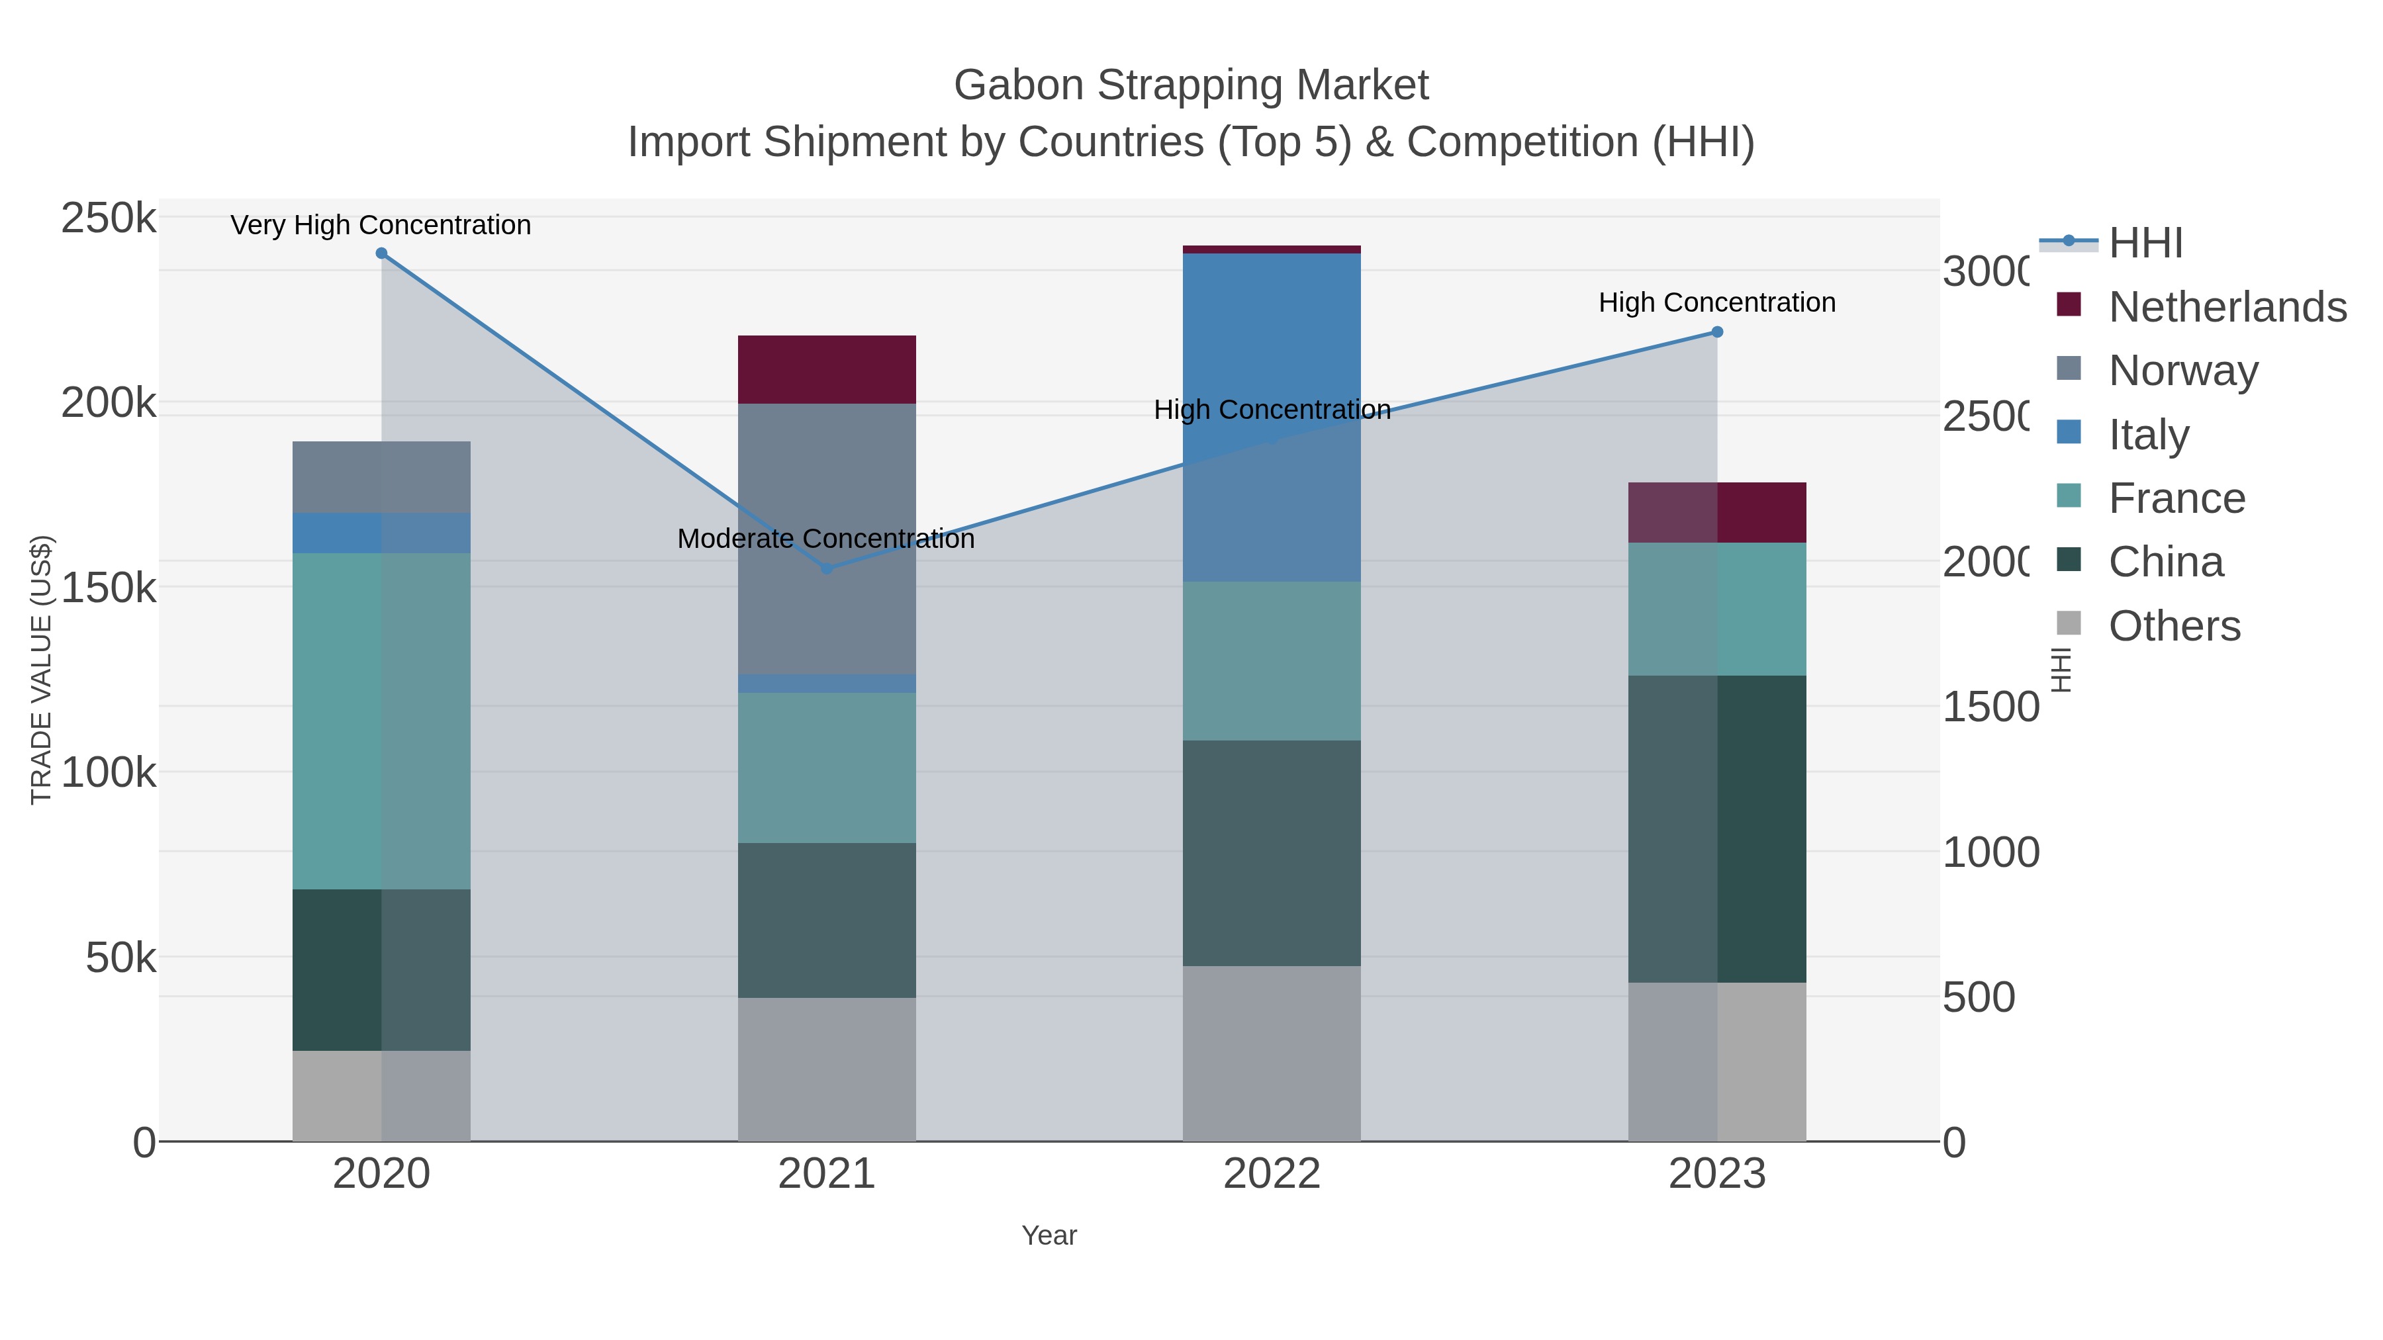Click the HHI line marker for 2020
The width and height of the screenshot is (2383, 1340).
click(381, 253)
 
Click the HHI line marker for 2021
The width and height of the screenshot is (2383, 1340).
click(827, 568)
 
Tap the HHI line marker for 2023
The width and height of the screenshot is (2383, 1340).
click(1717, 332)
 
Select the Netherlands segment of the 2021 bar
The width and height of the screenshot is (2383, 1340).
click(826, 369)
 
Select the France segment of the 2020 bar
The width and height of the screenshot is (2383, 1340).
click(381, 721)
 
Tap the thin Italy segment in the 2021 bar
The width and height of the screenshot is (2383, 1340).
click(826, 684)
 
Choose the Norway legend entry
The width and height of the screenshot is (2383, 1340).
click(2182, 370)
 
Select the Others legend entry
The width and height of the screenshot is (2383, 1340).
click(2174, 626)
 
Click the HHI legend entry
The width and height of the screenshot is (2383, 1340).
click(2145, 244)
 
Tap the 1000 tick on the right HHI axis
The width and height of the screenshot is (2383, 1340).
click(1990, 853)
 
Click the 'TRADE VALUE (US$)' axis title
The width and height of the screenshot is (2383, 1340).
click(42, 670)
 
